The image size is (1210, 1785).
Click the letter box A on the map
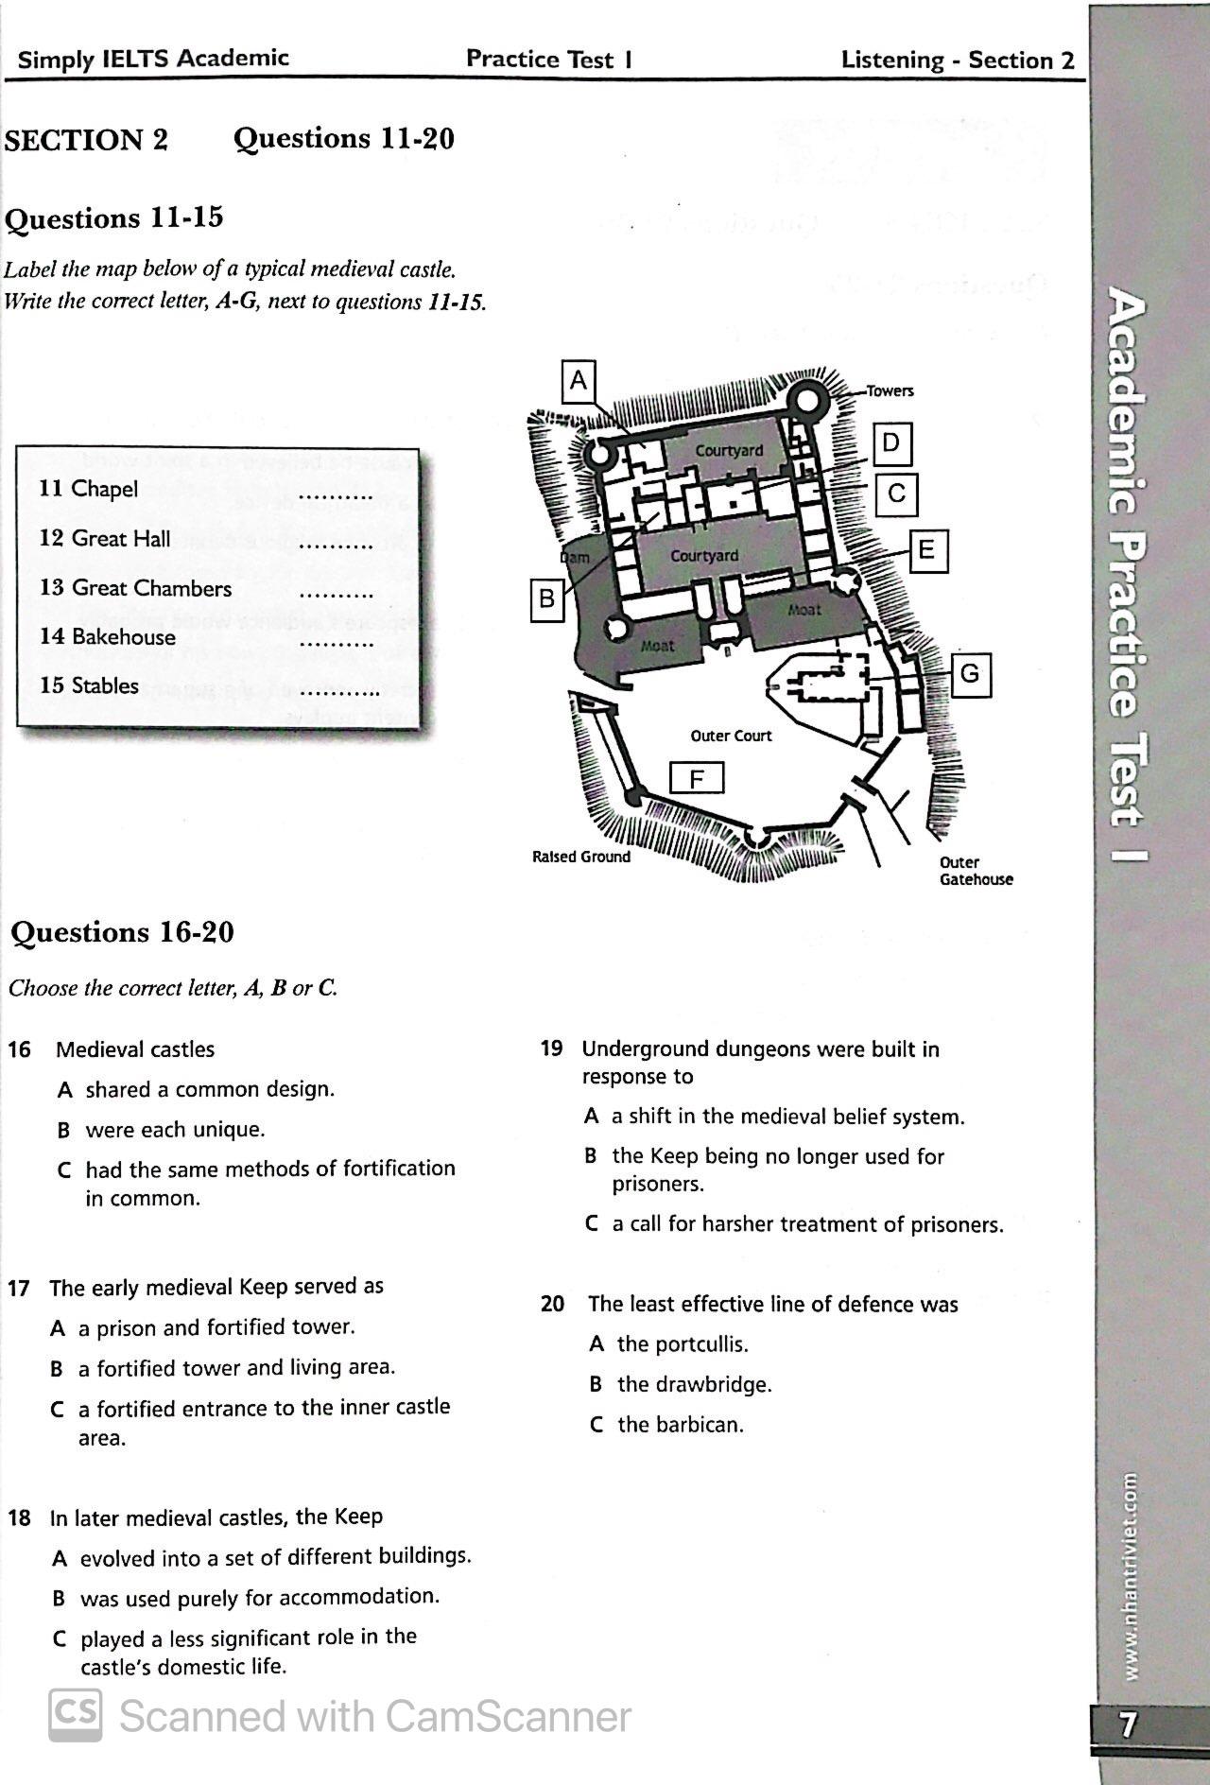(x=579, y=381)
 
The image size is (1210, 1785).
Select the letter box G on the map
(x=970, y=675)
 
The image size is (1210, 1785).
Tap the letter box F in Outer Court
(x=697, y=779)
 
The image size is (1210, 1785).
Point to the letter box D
(x=891, y=443)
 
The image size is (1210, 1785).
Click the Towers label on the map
(x=890, y=391)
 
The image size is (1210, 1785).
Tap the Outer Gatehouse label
(x=976, y=871)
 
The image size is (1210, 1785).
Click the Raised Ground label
(x=580, y=857)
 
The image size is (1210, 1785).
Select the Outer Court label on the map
(x=731, y=736)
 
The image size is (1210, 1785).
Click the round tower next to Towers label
(x=809, y=401)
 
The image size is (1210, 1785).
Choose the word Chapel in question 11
(x=104, y=489)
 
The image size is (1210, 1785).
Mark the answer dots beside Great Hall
(x=335, y=546)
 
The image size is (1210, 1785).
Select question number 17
(x=19, y=1289)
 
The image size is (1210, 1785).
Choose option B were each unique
(x=175, y=1130)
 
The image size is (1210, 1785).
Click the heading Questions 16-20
(x=122, y=932)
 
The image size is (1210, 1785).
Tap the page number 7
(x=1128, y=1725)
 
